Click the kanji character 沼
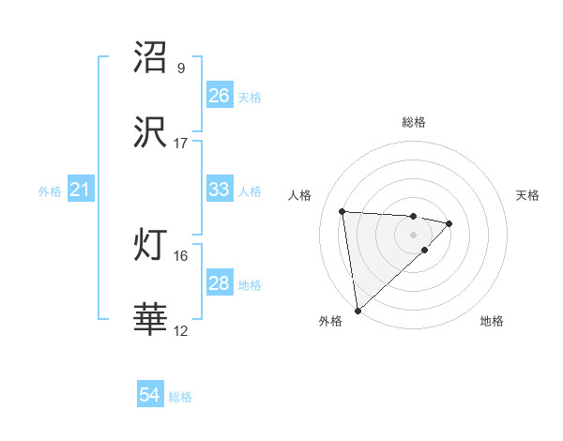(x=151, y=57)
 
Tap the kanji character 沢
(x=151, y=134)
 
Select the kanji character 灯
(x=151, y=246)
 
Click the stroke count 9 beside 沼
(x=181, y=68)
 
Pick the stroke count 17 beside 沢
(x=181, y=144)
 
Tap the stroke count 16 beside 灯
(x=181, y=255)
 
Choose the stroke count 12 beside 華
(x=181, y=330)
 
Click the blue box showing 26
(x=220, y=96)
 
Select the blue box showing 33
(x=220, y=190)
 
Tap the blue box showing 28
(x=220, y=283)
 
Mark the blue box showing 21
(x=81, y=190)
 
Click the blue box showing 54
(x=150, y=396)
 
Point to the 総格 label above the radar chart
(x=414, y=122)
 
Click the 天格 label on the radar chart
(x=528, y=195)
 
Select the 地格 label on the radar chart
(x=492, y=322)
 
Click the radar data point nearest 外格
(x=357, y=310)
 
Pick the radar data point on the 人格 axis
(x=342, y=210)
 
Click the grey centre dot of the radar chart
(x=414, y=234)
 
